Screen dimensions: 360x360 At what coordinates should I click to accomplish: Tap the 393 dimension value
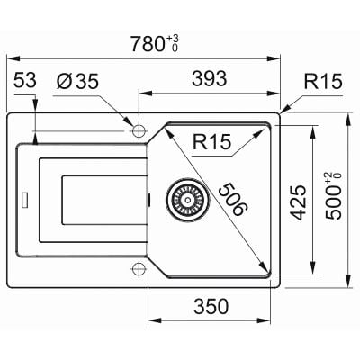pyautogui.click(x=210, y=78)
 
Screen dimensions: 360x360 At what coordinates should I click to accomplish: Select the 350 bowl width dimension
pyautogui.click(x=211, y=306)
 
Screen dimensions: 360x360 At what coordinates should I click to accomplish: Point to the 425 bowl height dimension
pyautogui.click(x=298, y=202)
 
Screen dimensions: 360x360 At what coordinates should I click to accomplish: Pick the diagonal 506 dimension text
pyautogui.click(x=232, y=199)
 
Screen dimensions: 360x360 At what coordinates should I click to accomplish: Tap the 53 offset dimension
pyautogui.click(x=25, y=80)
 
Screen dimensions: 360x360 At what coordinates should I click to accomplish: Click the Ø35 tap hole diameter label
pyautogui.click(x=77, y=81)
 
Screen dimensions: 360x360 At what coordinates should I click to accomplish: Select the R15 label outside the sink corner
pyautogui.click(x=323, y=81)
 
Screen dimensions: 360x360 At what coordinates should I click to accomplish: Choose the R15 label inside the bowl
pyautogui.click(x=211, y=142)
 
